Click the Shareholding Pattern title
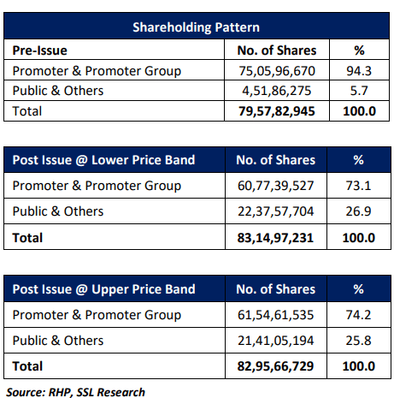tap(196, 27)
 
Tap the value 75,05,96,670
tap(277, 71)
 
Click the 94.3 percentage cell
tap(359, 71)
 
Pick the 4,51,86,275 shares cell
tap(277, 91)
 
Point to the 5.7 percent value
tap(359, 91)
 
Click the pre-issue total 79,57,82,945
tap(277, 111)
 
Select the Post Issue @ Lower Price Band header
tap(103, 160)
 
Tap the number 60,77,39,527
tap(276, 186)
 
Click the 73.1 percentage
tap(358, 186)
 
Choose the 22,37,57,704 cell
tap(276, 211)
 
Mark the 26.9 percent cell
tap(358, 211)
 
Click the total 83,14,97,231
tap(275, 238)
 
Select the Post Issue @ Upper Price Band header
tap(104, 289)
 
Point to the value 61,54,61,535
tap(276, 315)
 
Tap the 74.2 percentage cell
tap(358, 315)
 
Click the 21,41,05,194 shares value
tap(276, 341)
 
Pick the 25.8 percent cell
tap(358, 341)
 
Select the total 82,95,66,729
tap(275, 366)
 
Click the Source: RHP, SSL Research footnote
tap(76, 392)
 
